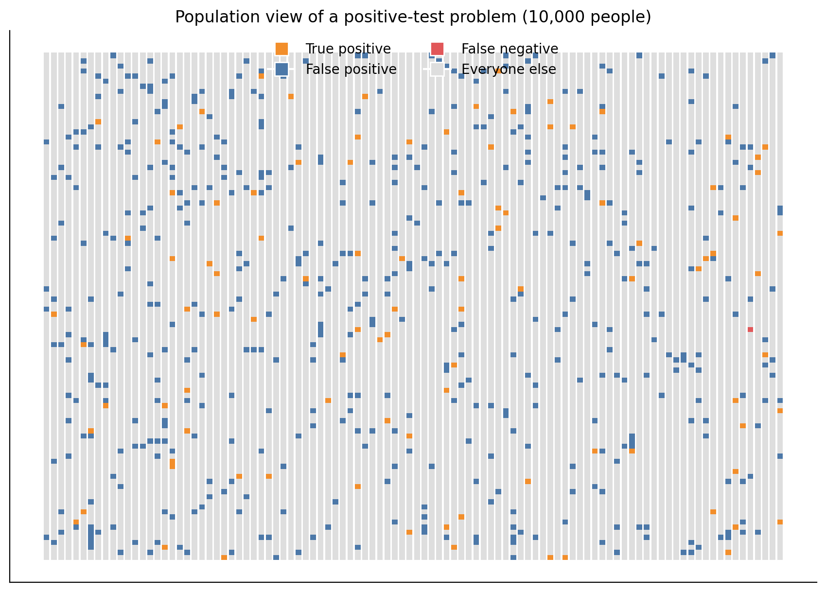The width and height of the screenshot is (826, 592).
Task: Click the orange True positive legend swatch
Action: tap(281, 49)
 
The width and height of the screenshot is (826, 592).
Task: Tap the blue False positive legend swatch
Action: tap(281, 70)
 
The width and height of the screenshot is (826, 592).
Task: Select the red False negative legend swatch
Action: tap(437, 49)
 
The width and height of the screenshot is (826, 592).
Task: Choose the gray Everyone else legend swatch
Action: tap(437, 70)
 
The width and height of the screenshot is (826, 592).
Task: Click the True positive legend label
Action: tap(348, 49)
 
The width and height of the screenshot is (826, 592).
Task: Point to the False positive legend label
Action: tap(351, 70)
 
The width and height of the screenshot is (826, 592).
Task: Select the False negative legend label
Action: tap(510, 49)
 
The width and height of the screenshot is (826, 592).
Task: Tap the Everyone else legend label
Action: tap(509, 70)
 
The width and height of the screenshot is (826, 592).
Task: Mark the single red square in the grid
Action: tap(750, 330)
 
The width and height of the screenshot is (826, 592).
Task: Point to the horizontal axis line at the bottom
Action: tap(413, 582)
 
